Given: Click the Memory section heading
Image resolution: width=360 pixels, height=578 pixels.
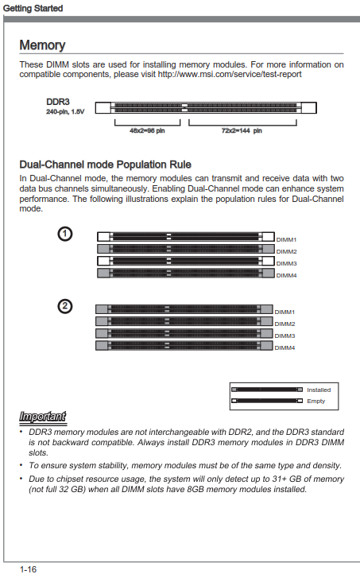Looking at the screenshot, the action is tap(42, 45).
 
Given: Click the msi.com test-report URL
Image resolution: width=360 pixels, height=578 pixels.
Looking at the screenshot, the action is tap(230, 74).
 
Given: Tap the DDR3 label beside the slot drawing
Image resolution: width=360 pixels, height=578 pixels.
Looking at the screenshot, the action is tap(58, 102).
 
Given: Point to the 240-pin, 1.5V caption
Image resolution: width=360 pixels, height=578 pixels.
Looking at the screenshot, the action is tap(65, 111).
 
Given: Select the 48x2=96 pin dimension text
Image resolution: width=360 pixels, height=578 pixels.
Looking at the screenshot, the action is tap(147, 130).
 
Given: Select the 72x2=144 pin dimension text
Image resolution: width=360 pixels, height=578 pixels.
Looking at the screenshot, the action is tap(242, 130).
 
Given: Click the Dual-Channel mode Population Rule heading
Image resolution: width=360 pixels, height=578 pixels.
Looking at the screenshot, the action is tap(106, 165).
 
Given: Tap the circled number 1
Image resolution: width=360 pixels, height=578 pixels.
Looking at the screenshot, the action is tap(65, 234).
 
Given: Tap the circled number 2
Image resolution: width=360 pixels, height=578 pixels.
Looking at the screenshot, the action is tap(65, 306).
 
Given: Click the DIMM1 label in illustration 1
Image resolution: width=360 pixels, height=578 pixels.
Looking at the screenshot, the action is tap(286, 239).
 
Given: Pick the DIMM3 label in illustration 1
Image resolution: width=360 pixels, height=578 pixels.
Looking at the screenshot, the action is tap(286, 264).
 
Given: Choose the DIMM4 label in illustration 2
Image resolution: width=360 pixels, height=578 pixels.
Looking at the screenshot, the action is tap(285, 347).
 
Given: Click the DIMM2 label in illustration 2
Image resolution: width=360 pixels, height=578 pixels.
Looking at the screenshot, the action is tap(285, 324).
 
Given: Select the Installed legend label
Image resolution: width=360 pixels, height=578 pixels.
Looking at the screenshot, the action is tap(319, 390).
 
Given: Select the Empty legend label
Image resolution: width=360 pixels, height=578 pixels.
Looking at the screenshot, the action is tap(315, 401).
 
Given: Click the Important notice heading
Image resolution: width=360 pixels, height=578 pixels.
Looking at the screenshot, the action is tap(43, 417).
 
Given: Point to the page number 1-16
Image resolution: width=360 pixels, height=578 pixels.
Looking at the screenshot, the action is tap(28, 569).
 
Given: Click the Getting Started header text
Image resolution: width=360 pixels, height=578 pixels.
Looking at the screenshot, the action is tap(33, 8).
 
